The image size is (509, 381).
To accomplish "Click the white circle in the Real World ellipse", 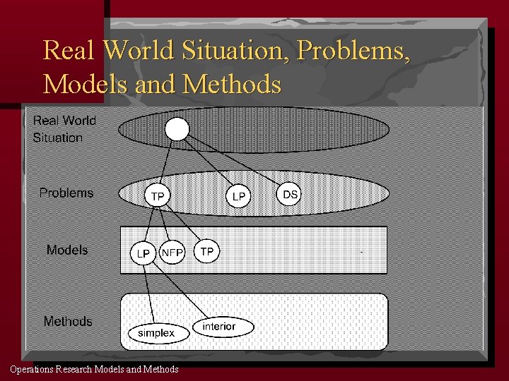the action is point(177,129).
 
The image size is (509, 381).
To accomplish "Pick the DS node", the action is point(289,193).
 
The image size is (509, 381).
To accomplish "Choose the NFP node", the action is point(172,252).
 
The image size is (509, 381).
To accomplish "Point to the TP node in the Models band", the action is point(207,251).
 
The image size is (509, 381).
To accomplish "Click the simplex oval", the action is point(156,332).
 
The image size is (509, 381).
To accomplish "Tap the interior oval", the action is point(218,326).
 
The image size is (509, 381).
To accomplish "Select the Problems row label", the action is point(66,193).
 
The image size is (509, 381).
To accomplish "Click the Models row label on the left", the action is point(67,250).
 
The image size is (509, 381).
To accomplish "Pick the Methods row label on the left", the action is point(68,321).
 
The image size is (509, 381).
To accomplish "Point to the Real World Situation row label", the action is point(64,128).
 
